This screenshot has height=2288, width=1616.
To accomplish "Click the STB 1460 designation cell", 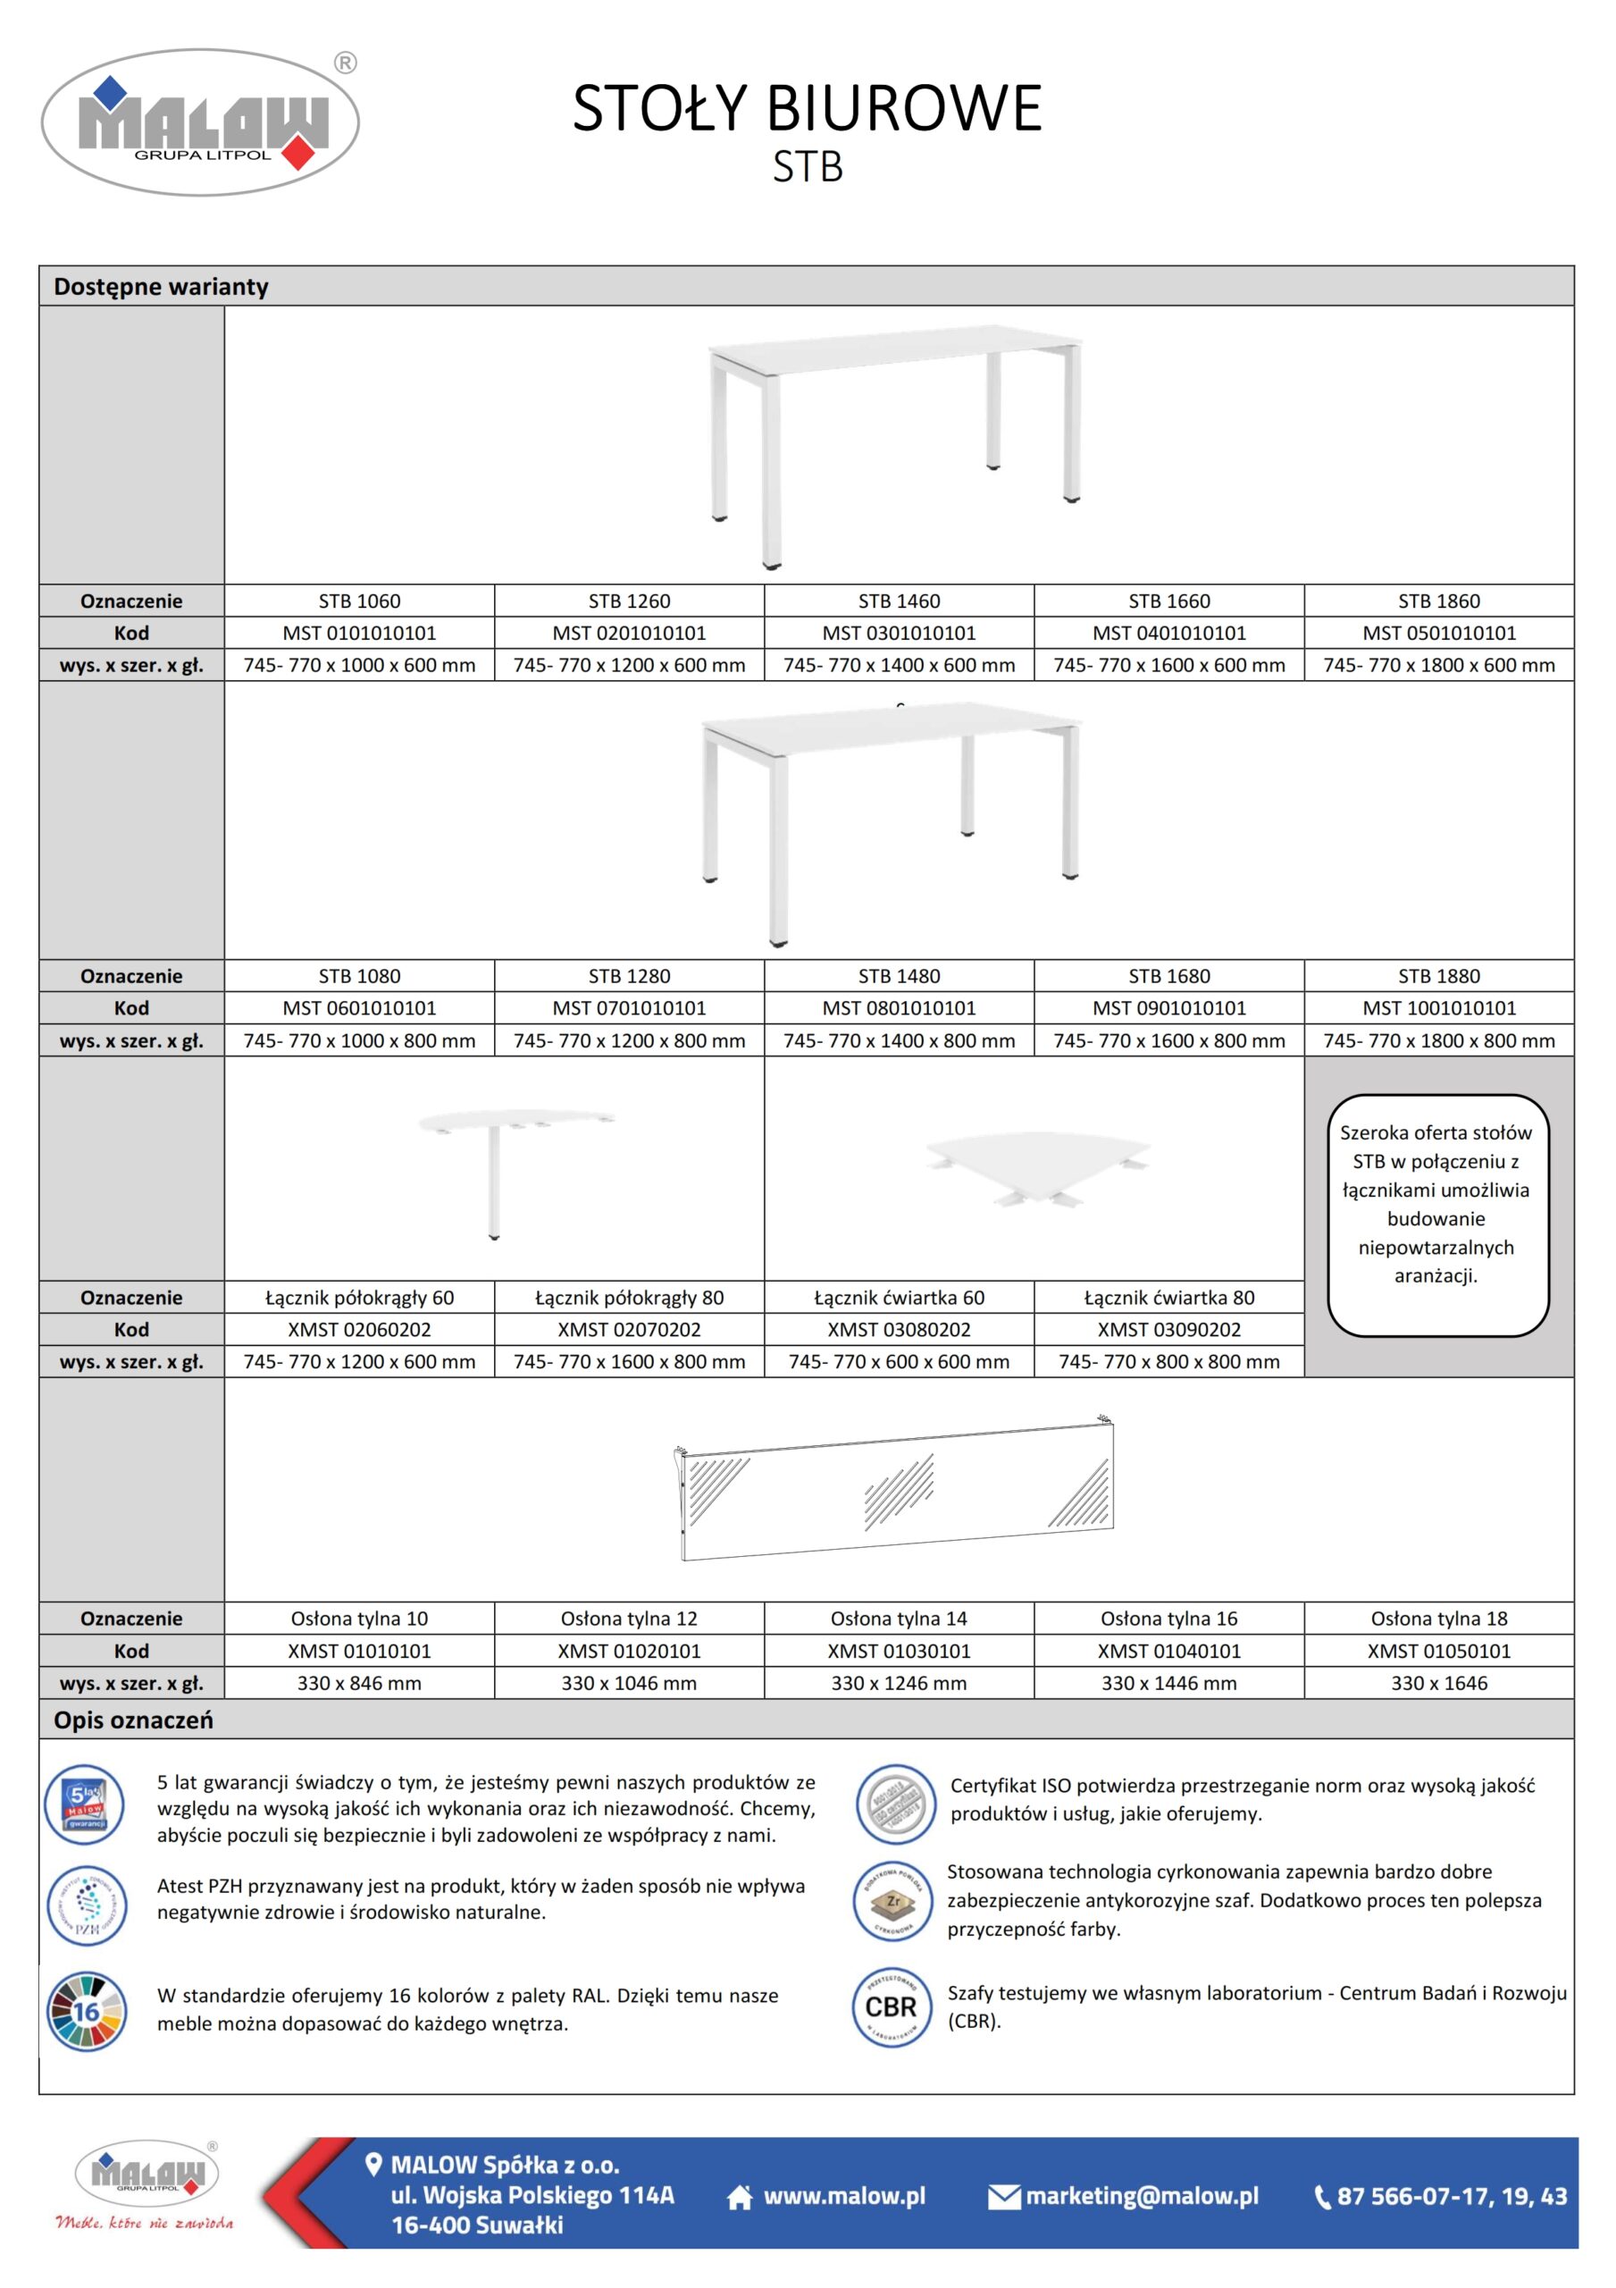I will click(899, 601).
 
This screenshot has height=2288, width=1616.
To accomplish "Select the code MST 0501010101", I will click(1438, 633).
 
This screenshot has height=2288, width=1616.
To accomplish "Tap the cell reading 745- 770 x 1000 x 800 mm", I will click(359, 1040).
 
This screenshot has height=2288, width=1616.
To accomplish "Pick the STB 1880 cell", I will click(1438, 976).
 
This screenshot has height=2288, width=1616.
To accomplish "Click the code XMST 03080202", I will click(899, 1329).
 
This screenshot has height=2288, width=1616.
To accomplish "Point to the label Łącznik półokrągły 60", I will click(359, 1298).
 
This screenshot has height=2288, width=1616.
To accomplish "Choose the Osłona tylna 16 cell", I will click(1168, 1619).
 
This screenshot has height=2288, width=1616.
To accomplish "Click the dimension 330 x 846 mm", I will click(359, 1683).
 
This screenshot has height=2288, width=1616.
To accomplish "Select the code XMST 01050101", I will click(1438, 1652).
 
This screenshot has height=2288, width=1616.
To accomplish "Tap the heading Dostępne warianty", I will click(162, 287).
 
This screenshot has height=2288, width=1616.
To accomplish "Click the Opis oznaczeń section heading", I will click(133, 1720).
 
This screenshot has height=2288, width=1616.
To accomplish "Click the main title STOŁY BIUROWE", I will click(807, 107).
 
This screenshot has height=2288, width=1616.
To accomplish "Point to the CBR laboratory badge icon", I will click(892, 2006).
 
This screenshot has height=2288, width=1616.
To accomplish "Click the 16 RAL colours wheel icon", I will click(87, 2011).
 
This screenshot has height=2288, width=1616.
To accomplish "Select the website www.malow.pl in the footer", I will click(844, 2195).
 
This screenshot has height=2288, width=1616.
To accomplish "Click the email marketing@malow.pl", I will click(1142, 2195).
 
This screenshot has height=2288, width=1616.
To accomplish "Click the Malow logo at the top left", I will click(200, 122).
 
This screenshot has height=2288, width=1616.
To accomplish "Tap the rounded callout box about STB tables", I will click(1436, 1215).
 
